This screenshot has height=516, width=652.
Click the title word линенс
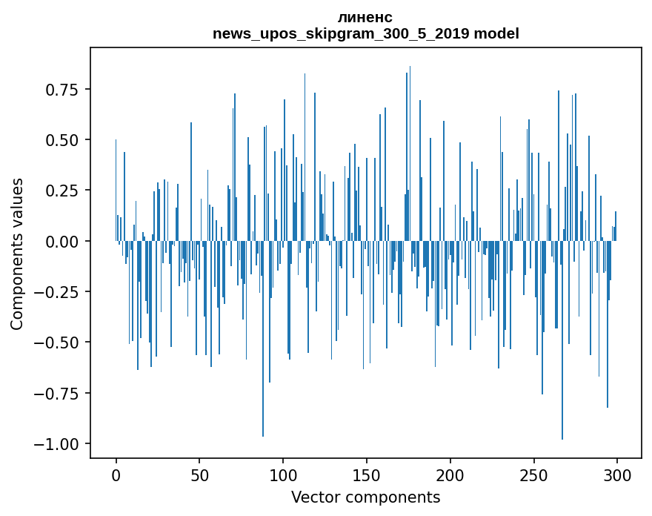tap(365, 17)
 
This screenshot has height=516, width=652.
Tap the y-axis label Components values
tap(17, 254)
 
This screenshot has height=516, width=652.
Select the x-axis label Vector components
tap(365, 497)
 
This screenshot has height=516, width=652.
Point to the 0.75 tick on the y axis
tap(62, 90)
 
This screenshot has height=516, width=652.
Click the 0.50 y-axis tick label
tap(62, 140)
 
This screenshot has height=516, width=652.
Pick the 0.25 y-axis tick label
tap(62, 191)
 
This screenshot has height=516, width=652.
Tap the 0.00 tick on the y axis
tap(62, 242)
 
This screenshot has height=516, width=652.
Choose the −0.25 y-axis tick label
tap(56, 292)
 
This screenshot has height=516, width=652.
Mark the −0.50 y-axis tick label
tap(56, 343)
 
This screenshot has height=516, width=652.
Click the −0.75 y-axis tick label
tap(56, 394)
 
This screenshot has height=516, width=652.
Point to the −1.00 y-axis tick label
tap(56, 444)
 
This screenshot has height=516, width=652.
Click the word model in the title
tap(496, 34)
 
